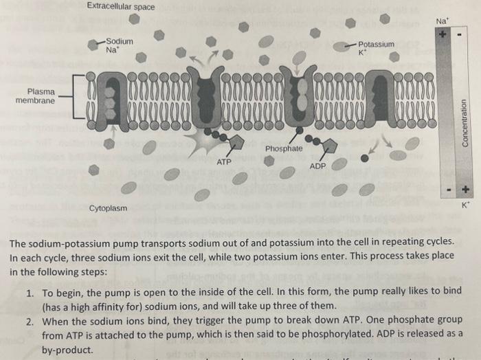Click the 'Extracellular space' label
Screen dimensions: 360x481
coord(121,8)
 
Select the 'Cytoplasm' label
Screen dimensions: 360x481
coord(108,207)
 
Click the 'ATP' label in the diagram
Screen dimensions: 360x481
coord(224,163)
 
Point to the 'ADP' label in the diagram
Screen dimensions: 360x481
coord(317,166)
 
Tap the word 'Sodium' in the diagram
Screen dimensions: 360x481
coord(120,41)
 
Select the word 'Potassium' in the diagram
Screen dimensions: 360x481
coord(377,44)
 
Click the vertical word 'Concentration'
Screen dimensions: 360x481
coord(465,121)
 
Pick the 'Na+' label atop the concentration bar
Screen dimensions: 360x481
coord(443,21)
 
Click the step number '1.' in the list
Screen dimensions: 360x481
coord(30,291)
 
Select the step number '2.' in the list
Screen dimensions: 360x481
coord(30,322)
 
